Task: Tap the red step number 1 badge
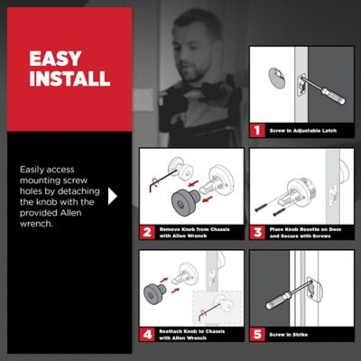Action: click(x=256, y=130)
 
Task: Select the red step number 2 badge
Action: click(x=146, y=231)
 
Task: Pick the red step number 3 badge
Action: click(x=256, y=231)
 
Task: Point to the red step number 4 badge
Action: click(x=146, y=333)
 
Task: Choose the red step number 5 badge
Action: click(x=256, y=333)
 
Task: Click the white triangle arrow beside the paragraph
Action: click(x=113, y=195)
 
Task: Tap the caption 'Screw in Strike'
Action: click(x=290, y=334)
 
